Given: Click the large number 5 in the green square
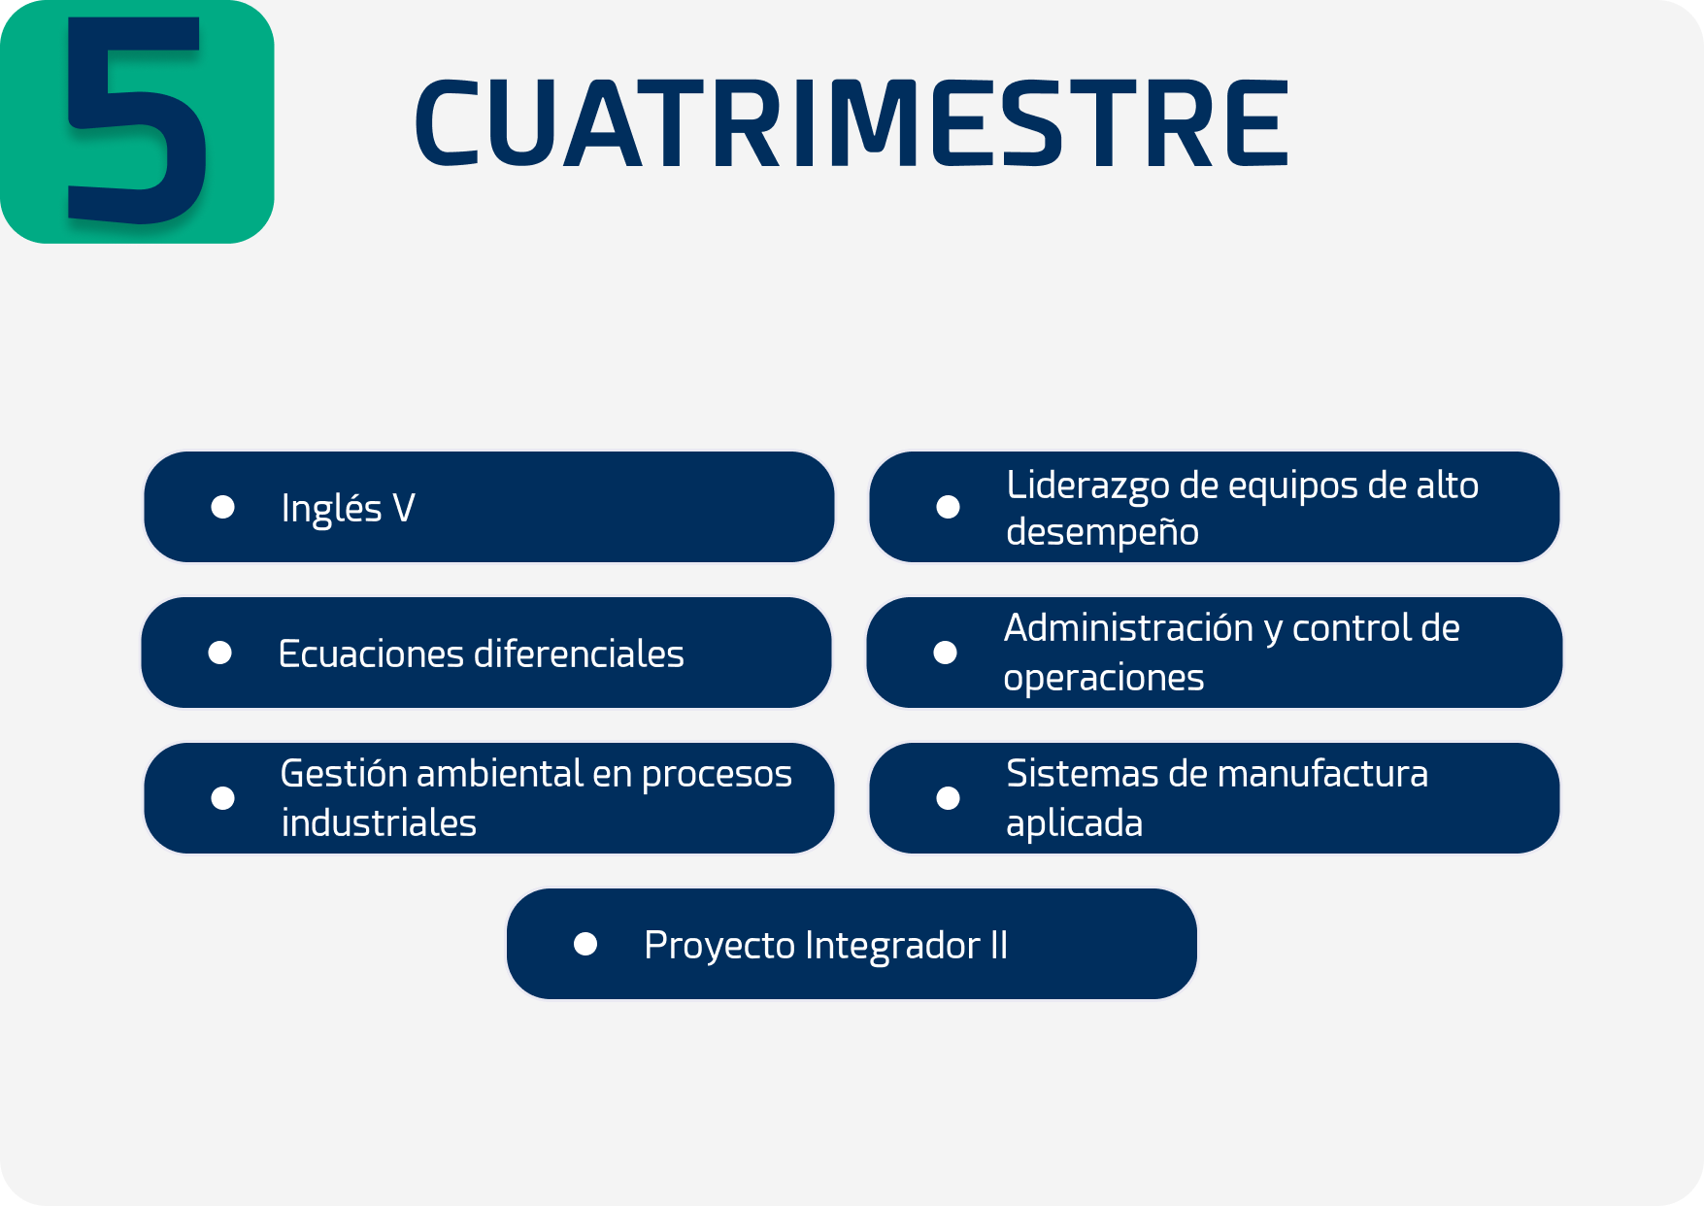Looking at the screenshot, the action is pyautogui.click(x=136, y=119).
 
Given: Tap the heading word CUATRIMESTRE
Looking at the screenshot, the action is pyautogui.click(x=852, y=122).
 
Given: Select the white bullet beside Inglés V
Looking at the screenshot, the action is pyautogui.click(x=223, y=507).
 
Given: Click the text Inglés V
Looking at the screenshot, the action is pyautogui.click(x=348, y=508).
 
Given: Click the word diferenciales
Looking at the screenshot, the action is pyautogui.click(x=579, y=653).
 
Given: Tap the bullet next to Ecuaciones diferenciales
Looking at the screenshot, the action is pyautogui.click(x=220, y=653).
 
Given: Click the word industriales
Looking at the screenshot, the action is pyautogui.click(x=379, y=822).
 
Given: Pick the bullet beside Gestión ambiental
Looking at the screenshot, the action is pyautogui.click(x=223, y=798).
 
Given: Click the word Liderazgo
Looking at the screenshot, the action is pyautogui.click(x=1087, y=486).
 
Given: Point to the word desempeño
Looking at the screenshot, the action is pyautogui.click(x=1102, y=532).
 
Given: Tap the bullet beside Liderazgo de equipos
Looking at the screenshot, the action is pyautogui.click(x=949, y=507).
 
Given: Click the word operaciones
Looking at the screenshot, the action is pyautogui.click(x=1104, y=678).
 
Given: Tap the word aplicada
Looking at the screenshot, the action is pyautogui.click(x=1074, y=823).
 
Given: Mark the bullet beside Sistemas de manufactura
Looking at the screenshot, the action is pyautogui.click(x=949, y=798).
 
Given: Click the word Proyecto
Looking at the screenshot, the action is pyautogui.click(x=719, y=946).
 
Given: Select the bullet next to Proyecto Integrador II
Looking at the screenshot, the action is pyautogui.click(x=585, y=944).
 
